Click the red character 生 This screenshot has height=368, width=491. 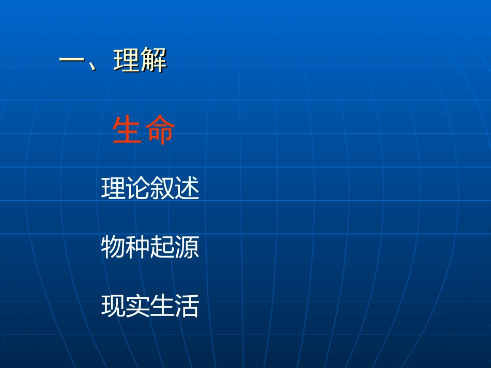127,131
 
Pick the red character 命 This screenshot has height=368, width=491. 160,131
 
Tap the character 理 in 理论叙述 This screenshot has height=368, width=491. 113,188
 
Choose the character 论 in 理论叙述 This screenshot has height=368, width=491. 137,188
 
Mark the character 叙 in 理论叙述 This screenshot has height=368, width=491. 162,188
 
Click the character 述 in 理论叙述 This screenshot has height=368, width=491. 187,188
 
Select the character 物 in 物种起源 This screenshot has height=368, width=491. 113,247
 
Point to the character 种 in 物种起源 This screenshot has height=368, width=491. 137,247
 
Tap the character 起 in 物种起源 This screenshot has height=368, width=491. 162,247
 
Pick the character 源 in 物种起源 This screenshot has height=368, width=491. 187,247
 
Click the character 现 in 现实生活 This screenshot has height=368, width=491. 113,306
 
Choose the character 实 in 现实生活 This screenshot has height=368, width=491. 137,306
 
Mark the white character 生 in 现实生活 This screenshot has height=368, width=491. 162,306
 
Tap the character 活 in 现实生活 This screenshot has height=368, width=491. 187,306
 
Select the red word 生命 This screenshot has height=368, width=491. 143,131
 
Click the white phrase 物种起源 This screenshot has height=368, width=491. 150,247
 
